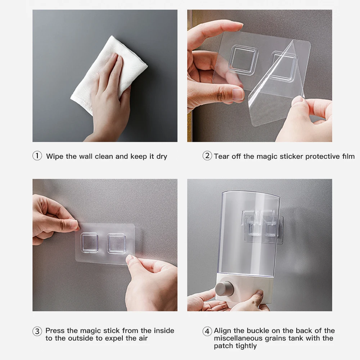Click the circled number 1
tap(37, 156)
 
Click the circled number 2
tap(207, 156)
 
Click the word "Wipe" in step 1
tap(55, 156)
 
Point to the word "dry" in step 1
tap(162, 157)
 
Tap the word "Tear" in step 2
tap(221, 156)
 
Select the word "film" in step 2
tap(348, 156)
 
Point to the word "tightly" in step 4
tap(246, 346)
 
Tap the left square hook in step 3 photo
tap(89, 242)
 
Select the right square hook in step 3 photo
tap(116, 243)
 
